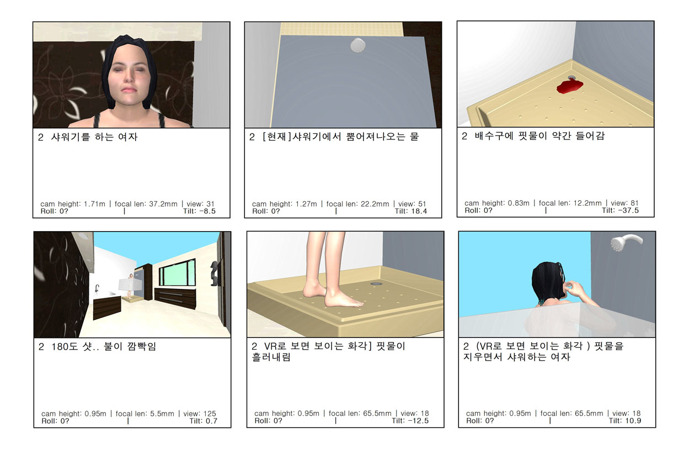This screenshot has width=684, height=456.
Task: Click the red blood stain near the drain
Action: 569,87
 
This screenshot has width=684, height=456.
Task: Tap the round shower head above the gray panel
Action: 357,45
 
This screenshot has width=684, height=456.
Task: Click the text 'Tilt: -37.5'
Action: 620,210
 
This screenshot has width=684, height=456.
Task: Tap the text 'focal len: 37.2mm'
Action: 146,203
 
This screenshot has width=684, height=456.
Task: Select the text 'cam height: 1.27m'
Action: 284,203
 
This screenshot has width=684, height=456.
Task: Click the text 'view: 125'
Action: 199,414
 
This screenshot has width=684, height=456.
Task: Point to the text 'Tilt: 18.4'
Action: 411,211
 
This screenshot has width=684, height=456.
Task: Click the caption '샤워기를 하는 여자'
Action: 94,137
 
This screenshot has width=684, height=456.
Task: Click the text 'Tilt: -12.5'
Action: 410,421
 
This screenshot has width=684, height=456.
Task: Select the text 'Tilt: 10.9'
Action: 625,421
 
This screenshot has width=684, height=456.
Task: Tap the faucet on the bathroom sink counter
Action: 97,288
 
